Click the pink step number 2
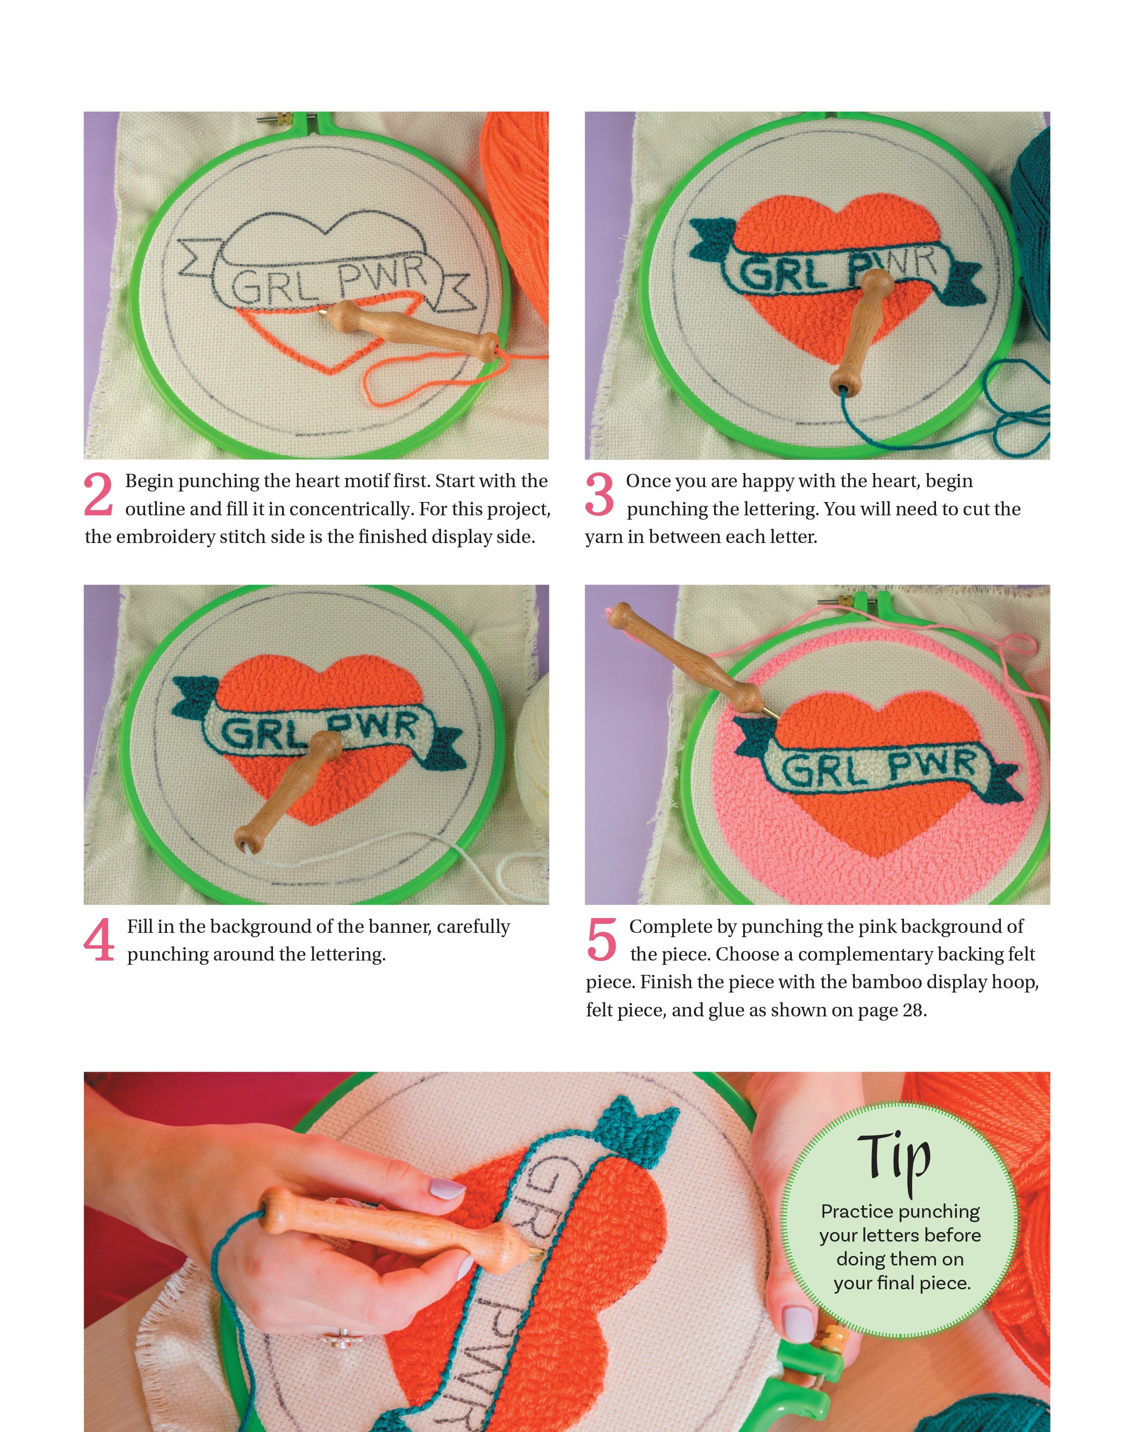click(x=98, y=494)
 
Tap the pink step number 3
click(x=599, y=494)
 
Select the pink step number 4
click(x=99, y=940)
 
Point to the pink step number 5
click(x=601, y=940)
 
